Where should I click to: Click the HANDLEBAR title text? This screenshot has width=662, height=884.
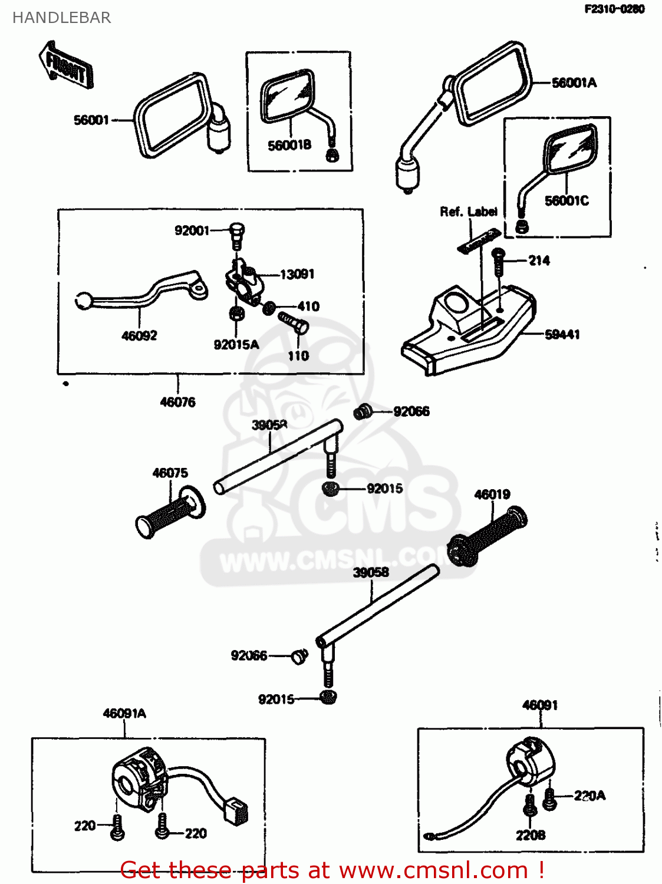coord(61,18)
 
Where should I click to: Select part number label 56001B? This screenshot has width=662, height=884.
coord(289,146)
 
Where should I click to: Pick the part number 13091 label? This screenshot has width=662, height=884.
coord(297,274)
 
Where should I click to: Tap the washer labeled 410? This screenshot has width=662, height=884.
coord(269,308)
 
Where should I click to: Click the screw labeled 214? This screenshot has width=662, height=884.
coord(498,262)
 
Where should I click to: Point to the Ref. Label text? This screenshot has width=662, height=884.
coord(468,212)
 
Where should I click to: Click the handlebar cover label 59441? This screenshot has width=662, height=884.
coord(562,335)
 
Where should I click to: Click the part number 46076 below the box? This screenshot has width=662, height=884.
coord(177,402)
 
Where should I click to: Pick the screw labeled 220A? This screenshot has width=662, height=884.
coord(549,799)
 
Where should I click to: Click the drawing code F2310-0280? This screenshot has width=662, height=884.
coord(614,9)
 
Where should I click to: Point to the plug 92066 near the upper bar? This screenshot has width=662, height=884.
coord(362,411)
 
